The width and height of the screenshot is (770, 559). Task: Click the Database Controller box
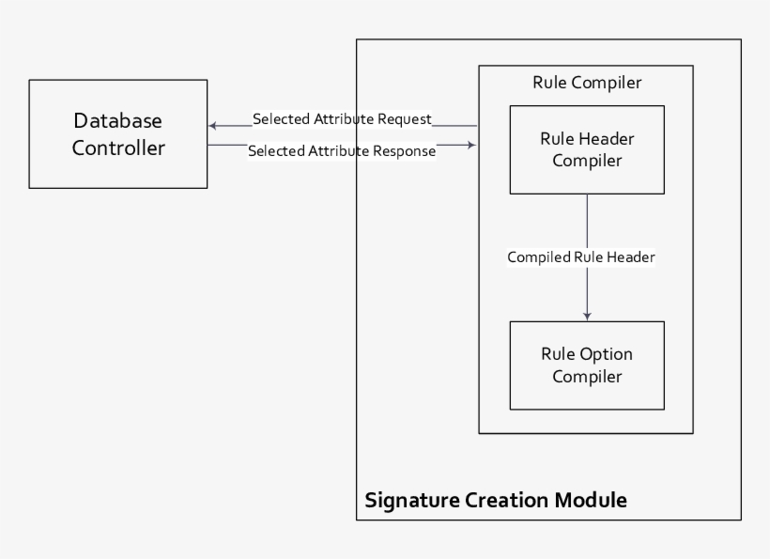(117, 134)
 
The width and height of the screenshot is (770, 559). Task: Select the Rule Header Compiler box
(587, 149)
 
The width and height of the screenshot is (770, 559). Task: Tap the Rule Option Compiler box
(587, 365)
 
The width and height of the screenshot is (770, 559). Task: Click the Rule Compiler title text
(587, 83)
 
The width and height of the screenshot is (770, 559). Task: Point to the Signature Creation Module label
(496, 499)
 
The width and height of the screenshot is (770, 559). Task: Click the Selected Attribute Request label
(342, 119)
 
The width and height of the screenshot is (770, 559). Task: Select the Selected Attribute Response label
(342, 150)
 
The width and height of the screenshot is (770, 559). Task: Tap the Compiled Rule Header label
(580, 256)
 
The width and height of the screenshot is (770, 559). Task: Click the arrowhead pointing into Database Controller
(213, 126)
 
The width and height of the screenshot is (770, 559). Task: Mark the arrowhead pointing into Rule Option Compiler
(587, 316)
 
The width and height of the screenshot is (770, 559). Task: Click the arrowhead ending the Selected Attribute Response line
(471, 145)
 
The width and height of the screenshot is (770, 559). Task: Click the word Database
(118, 121)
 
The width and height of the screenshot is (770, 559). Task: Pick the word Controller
(118, 148)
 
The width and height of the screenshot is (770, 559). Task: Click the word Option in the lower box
(607, 354)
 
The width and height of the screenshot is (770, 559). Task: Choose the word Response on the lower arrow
(405, 150)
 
